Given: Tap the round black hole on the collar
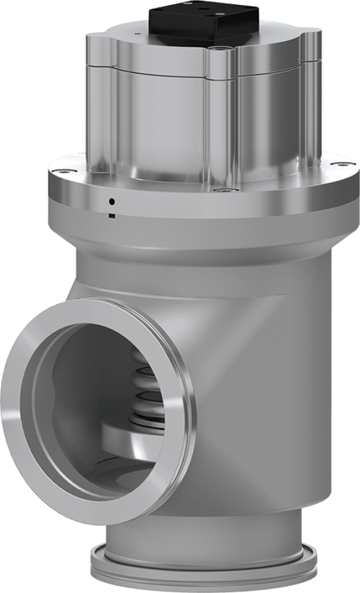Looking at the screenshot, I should pyautogui.click(x=112, y=202).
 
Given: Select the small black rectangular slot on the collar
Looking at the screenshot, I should pyautogui.click(x=112, y=216).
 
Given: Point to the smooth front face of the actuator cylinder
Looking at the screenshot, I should pyautogui.click(x=164, y=120).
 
